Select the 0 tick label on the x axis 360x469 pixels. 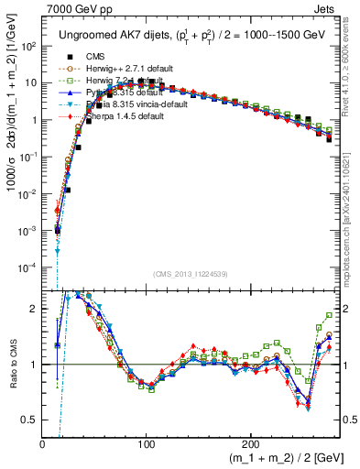43,443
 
